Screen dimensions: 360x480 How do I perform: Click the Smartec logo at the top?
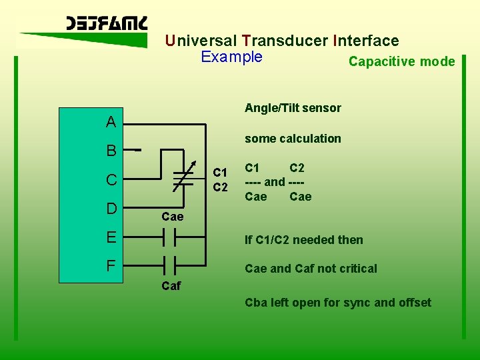click(x=107, y=24)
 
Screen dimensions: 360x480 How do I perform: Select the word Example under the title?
click(x=231, y=57)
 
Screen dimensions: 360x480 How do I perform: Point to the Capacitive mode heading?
click(x=401, y=62)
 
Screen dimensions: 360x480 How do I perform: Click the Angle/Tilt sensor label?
click(x=293, y=108)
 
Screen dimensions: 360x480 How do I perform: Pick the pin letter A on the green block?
click(x=111, y=122)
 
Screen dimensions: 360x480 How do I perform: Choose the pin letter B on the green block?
click(x=111, y=151)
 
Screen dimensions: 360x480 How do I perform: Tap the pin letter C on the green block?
click(x=111, y=180)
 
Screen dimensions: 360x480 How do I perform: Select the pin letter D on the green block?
click(x=111, y=209)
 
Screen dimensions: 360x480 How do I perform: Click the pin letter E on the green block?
click(x=111, y=237)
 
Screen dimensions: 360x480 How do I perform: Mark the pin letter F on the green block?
click(x=111, y=265)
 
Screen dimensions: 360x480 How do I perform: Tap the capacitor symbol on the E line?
click(x=170, y=237)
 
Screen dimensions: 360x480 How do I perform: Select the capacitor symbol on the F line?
click(x=170, y=265)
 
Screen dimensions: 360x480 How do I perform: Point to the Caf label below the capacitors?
click(x=171, y=287)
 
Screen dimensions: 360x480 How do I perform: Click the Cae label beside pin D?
click(x=172, y=217)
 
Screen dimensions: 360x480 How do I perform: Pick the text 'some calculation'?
click(x=293, y=139)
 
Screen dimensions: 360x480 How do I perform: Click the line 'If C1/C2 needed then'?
click(x=304, y=240)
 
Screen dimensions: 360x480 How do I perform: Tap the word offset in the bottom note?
click(x=415, y=303)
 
